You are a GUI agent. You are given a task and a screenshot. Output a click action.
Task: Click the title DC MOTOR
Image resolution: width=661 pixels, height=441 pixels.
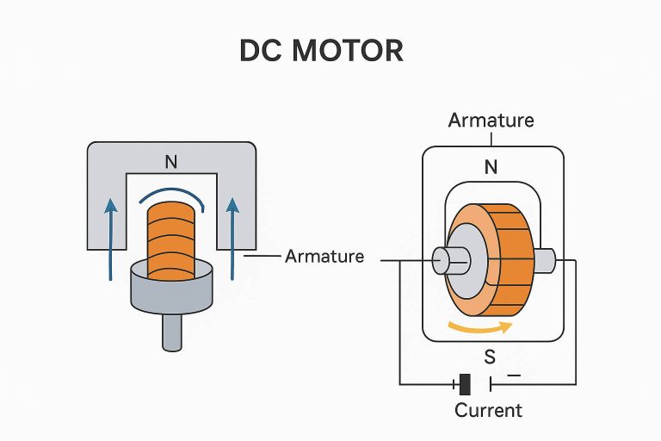click(321, 51)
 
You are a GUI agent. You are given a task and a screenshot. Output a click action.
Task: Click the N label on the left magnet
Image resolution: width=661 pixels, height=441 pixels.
click(171, 160)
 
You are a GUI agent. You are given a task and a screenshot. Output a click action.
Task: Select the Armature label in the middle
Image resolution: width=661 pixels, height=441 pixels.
click(324, 257)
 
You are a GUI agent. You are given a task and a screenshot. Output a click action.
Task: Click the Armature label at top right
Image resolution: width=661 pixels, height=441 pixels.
click(491, 120)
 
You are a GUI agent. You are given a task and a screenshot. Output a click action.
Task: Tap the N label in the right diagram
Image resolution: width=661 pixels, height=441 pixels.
click(491, 168)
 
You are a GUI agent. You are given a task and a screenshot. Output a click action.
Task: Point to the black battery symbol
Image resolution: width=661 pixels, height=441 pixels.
click(466, 384)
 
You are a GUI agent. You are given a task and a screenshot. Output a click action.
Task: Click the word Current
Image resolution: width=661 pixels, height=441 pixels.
click(488, 410)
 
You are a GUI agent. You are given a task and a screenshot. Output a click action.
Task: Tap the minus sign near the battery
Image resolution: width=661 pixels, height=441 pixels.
click(515, 376)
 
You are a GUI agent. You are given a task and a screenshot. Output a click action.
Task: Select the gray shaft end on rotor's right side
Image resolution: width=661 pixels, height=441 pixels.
click(545, 258)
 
